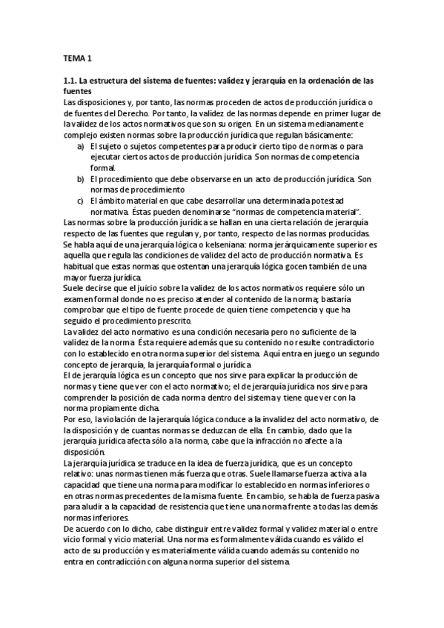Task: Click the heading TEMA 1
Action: [77, 58]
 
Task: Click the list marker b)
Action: [81, 179]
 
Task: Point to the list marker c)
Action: [81, 201]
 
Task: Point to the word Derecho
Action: [132, 113]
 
